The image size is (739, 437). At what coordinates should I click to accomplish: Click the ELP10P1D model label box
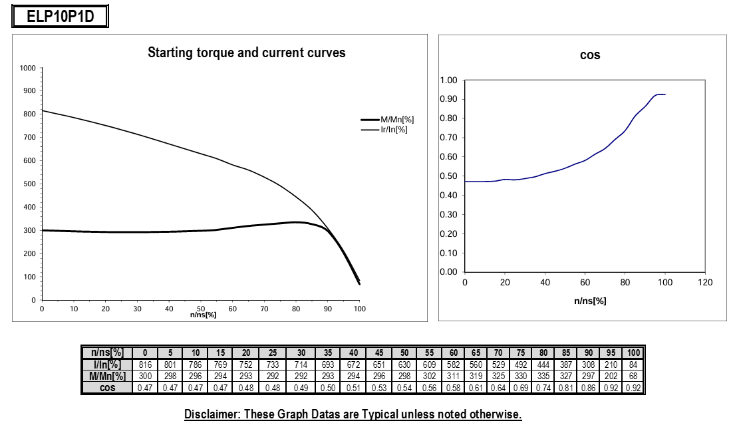60,17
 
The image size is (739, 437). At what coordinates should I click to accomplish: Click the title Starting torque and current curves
246,53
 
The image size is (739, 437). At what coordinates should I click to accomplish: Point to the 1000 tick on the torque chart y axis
27,68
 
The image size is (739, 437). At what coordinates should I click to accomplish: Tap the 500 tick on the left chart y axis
29,184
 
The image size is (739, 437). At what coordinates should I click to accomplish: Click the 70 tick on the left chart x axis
264,309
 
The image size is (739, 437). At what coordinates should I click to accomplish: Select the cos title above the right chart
590,55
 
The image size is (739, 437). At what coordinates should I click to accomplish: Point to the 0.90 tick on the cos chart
449,100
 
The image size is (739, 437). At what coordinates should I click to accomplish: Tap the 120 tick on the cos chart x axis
705,283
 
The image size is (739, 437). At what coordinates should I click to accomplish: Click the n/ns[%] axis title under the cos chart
590,301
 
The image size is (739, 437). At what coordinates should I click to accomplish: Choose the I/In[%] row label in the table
104,364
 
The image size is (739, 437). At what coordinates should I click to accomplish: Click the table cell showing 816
144,364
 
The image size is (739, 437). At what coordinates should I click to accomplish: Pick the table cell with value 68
634,376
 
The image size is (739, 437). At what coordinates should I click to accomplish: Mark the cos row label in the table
104,388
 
